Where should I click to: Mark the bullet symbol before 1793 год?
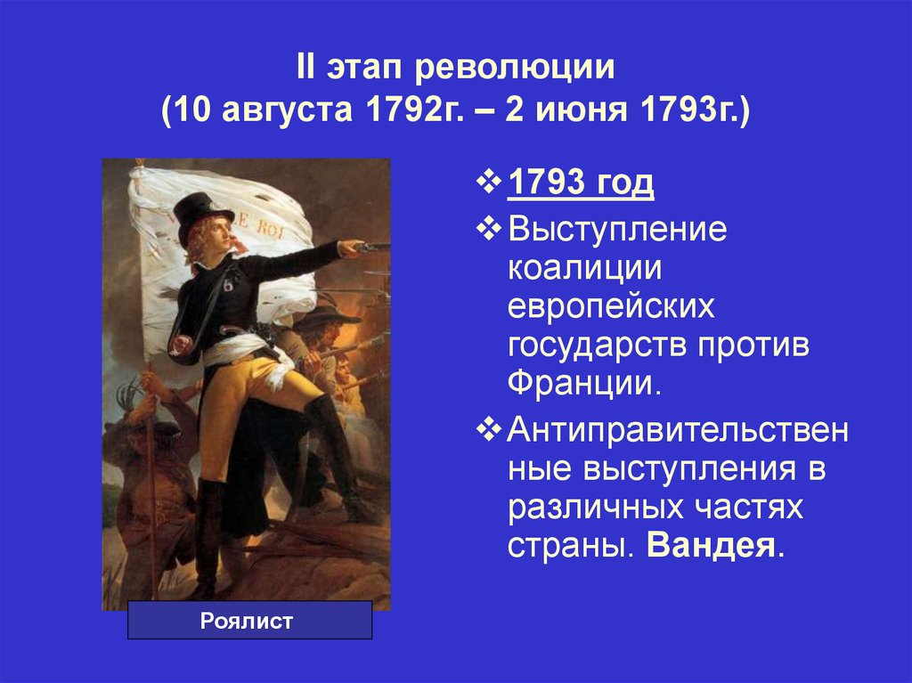tap(489, 183)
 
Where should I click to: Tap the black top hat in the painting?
tap(202, 214)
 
